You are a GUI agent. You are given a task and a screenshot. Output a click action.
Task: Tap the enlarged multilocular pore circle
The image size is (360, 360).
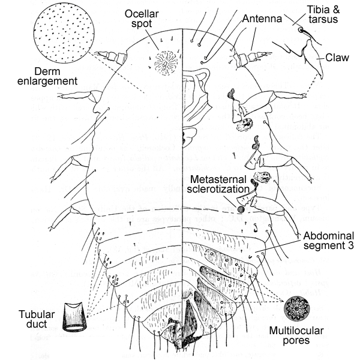(x=295, y=309)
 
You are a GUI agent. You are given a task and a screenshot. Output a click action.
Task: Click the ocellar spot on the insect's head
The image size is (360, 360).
(x=163, y=61)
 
